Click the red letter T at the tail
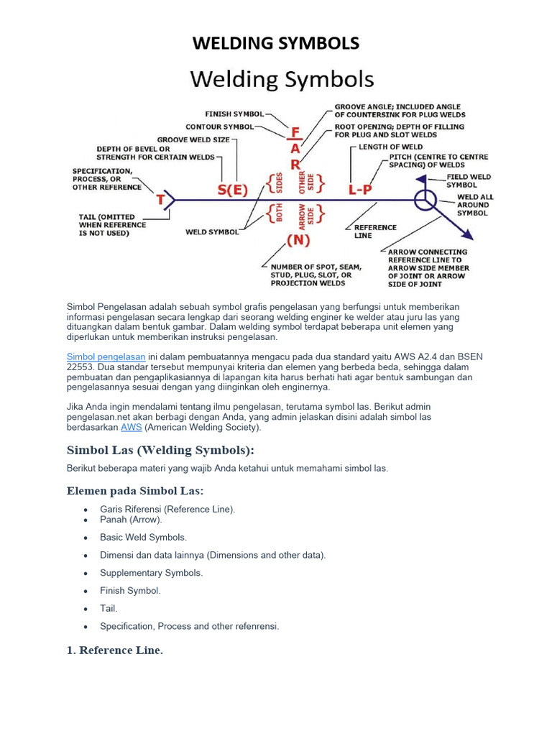161,200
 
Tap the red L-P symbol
362,190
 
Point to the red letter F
295,133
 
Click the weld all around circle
424,199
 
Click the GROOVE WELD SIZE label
189,140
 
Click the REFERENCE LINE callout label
375,231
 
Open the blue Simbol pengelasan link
106,356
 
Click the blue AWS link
131,427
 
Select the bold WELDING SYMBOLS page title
276,44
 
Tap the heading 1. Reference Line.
115,650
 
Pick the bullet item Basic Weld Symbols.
143,537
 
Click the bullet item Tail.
109,608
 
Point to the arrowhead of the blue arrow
468,234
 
